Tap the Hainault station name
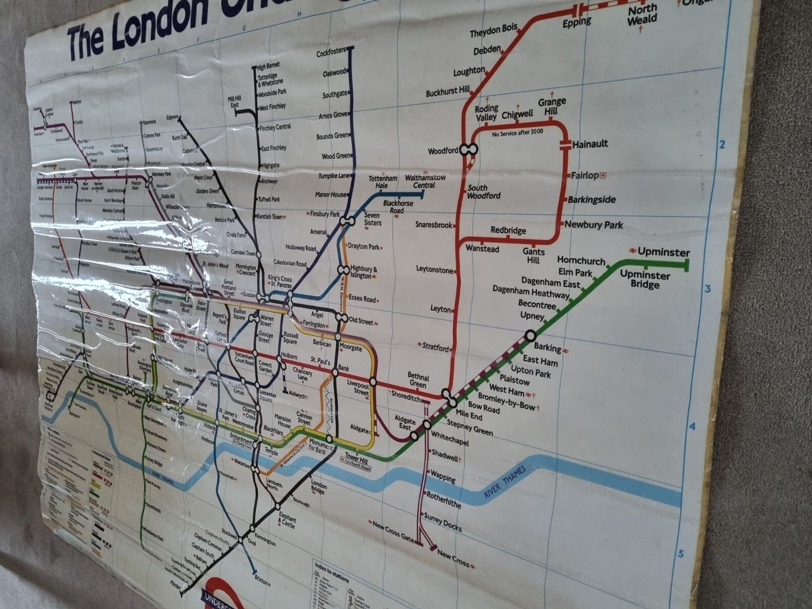[590, 144]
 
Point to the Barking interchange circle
[530, 335]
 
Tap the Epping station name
[577, 22]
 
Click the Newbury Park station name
[593, 225]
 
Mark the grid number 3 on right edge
[706, 289]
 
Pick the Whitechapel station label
[447, 436]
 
